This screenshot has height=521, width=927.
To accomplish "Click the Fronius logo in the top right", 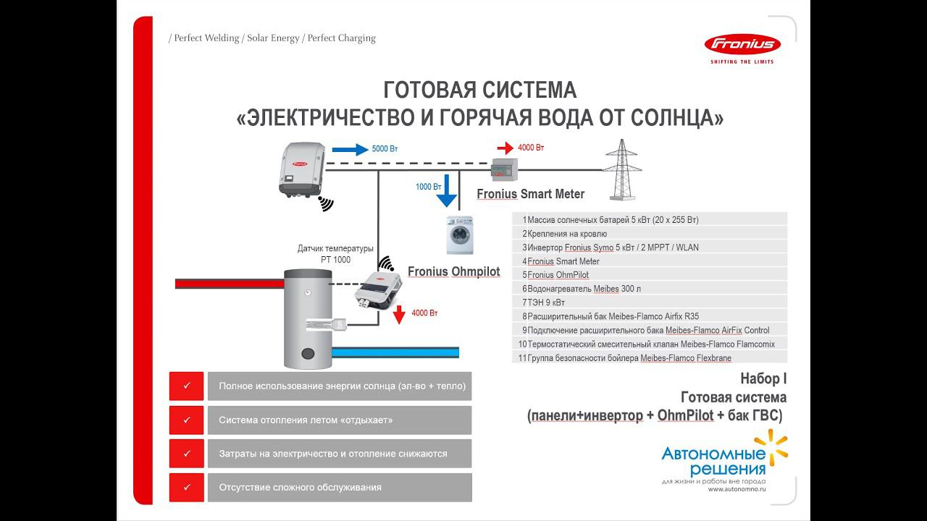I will [742, 45].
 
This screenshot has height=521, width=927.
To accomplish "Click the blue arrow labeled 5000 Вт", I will [350, 150].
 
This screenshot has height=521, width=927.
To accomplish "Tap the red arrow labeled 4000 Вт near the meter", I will [501, 148].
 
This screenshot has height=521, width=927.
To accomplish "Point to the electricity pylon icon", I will [621, 170].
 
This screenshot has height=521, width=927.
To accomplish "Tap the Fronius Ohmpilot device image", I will [375, 288].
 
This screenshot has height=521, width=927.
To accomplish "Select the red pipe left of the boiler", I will [229, 284].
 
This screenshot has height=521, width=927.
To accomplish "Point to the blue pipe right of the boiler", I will [398, 352].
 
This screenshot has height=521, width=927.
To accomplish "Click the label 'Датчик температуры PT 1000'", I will [335, 254].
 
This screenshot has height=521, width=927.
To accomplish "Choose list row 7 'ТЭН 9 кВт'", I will [649, 302].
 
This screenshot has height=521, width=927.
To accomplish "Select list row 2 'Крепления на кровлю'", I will [649, 233].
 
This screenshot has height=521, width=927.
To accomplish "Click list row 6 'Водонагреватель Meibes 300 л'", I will [649, 288].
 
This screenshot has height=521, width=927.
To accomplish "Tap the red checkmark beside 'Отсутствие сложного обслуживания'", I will [187, 487].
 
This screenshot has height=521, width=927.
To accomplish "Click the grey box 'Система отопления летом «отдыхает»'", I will [339, 420].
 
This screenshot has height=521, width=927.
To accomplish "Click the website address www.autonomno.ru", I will [737, 489].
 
